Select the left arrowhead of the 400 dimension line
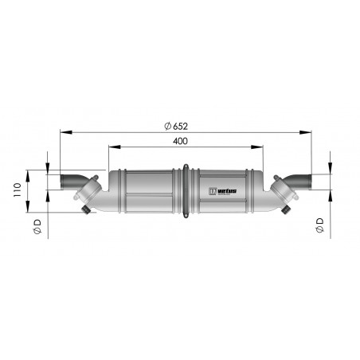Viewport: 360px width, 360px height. (x=112, y=147)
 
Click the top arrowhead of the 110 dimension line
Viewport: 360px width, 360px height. (x=29, y=170)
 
